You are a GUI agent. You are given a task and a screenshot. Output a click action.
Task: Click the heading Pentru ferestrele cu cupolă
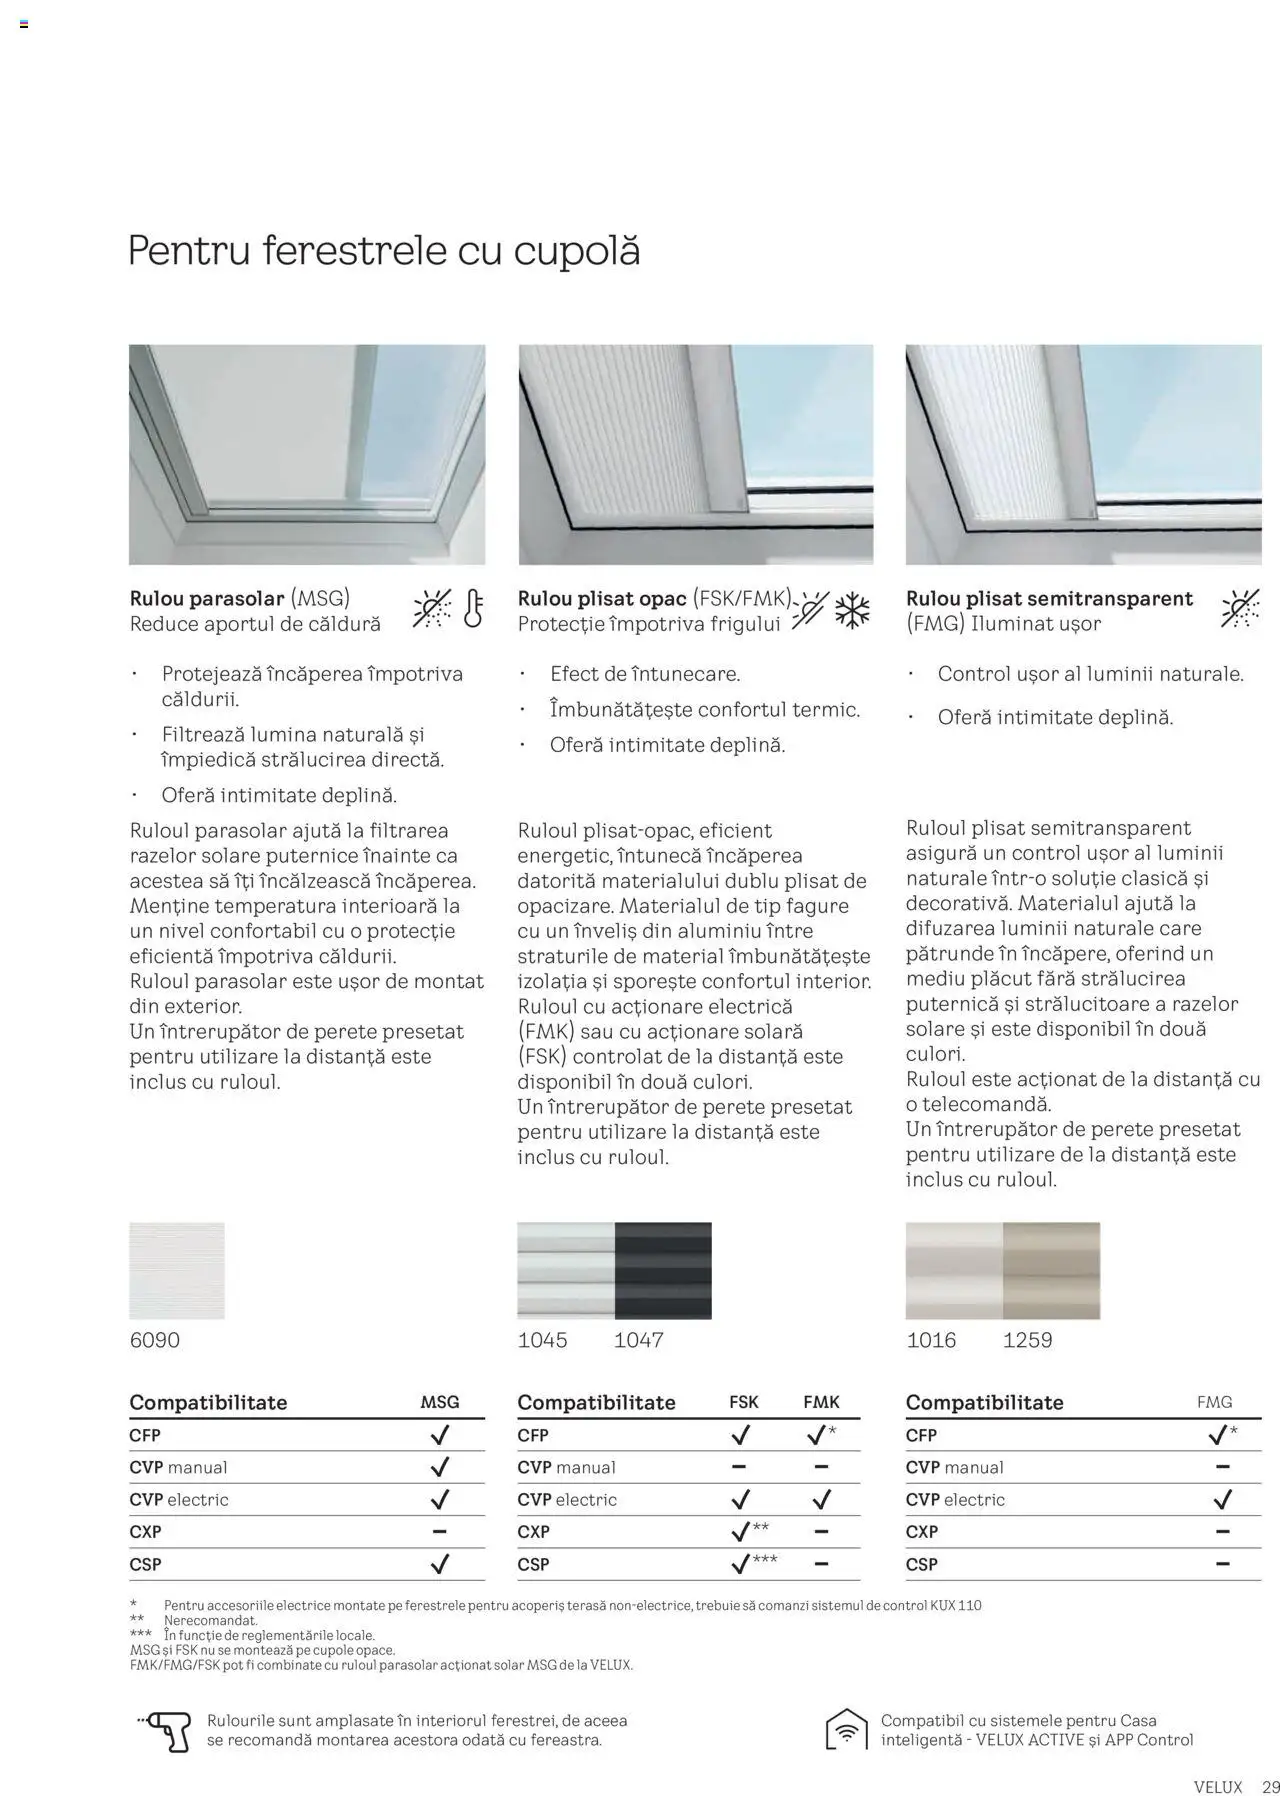(384, 250)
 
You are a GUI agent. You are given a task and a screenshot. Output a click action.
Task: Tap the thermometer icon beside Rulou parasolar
(473, 609)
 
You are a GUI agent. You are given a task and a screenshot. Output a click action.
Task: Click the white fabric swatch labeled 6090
(177, 1270)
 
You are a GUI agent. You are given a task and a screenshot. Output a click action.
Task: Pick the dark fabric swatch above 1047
(663, 1270)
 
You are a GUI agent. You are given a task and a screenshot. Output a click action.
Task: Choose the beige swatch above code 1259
(1051, 1270)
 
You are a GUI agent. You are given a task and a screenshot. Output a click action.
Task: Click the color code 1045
(542, 1340)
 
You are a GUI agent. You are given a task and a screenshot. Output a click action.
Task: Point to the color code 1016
(931, 1340)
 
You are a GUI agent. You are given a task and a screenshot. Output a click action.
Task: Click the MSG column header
(439, 1402)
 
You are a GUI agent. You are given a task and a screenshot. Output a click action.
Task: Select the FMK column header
(821, 1402)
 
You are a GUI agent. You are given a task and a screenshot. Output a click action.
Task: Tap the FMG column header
(1214, 1402)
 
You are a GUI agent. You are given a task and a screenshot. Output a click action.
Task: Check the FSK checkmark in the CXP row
(741, 1532)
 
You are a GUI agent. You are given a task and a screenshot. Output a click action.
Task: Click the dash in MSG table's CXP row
(439, 1531)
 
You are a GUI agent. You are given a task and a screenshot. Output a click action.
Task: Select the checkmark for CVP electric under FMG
(1222, 1499)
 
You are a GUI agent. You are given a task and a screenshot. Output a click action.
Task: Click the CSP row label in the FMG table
(921, 1564)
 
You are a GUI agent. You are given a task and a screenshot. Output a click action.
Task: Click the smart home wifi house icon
(846, 1730)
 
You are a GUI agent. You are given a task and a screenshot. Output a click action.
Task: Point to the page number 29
(1270, 1786)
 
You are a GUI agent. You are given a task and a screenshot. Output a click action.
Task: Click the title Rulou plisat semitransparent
(1049, 598)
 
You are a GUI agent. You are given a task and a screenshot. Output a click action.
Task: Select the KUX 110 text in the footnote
(955, 1605)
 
